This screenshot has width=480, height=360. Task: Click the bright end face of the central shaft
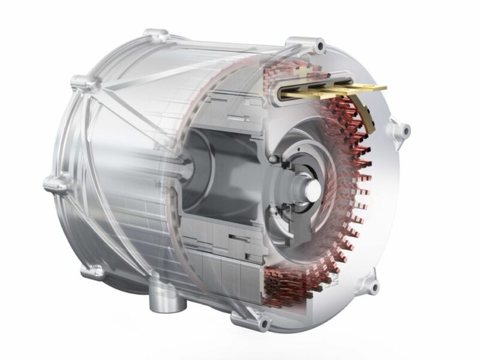pyautogui.click(x=314, y=187)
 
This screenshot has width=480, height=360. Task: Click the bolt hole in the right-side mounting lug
pyautogui.click(x=405, y=129)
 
